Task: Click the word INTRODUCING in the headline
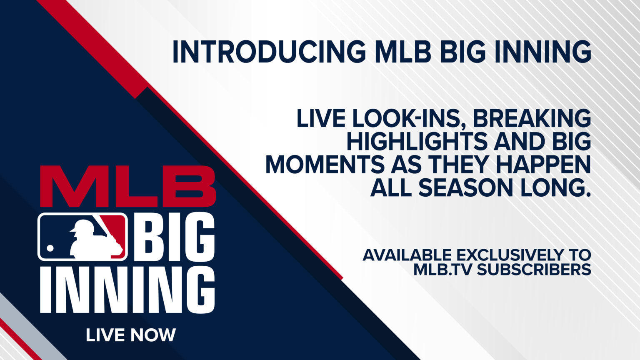pyautogui.click(x=269, y=52)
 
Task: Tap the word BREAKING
pyautogui.click(x=532, y=118)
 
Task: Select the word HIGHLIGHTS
pyautogui.click(x=417, y=142)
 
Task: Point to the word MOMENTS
pyautogui.click(x=325, y=165)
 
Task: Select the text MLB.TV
pyautogui.click(x=442, y=270)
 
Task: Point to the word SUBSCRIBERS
pyautogui.click(x=534, y=270)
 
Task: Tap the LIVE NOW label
pyautogui.click(x=131, y=335)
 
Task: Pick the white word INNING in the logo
pyautogui.click(x=127, y=290)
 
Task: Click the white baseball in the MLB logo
pyautogui.click(x=50, y=248)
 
